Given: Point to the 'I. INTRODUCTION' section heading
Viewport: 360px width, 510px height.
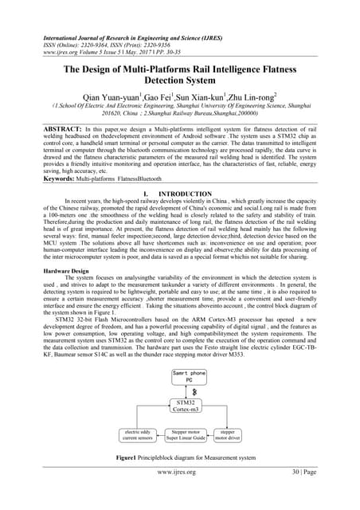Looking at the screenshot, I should tap(180, 194).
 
